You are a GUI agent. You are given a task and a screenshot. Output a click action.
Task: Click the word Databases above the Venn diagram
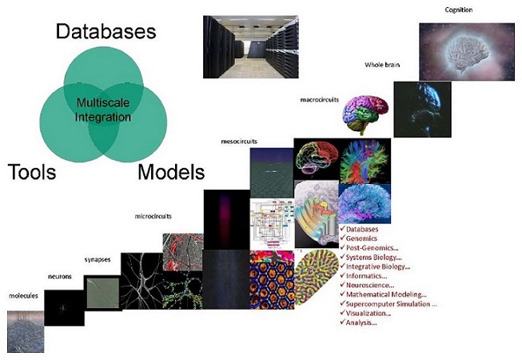[105, 32]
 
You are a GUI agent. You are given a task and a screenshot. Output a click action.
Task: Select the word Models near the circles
[171, 171]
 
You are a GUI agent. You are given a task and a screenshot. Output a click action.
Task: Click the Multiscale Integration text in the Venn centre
[103, 110]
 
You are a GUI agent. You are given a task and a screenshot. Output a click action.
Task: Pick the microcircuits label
[153, 215]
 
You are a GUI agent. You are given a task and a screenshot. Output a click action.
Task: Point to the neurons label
[59, 276]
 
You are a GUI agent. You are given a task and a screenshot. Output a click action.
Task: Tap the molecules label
[23, 295]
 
